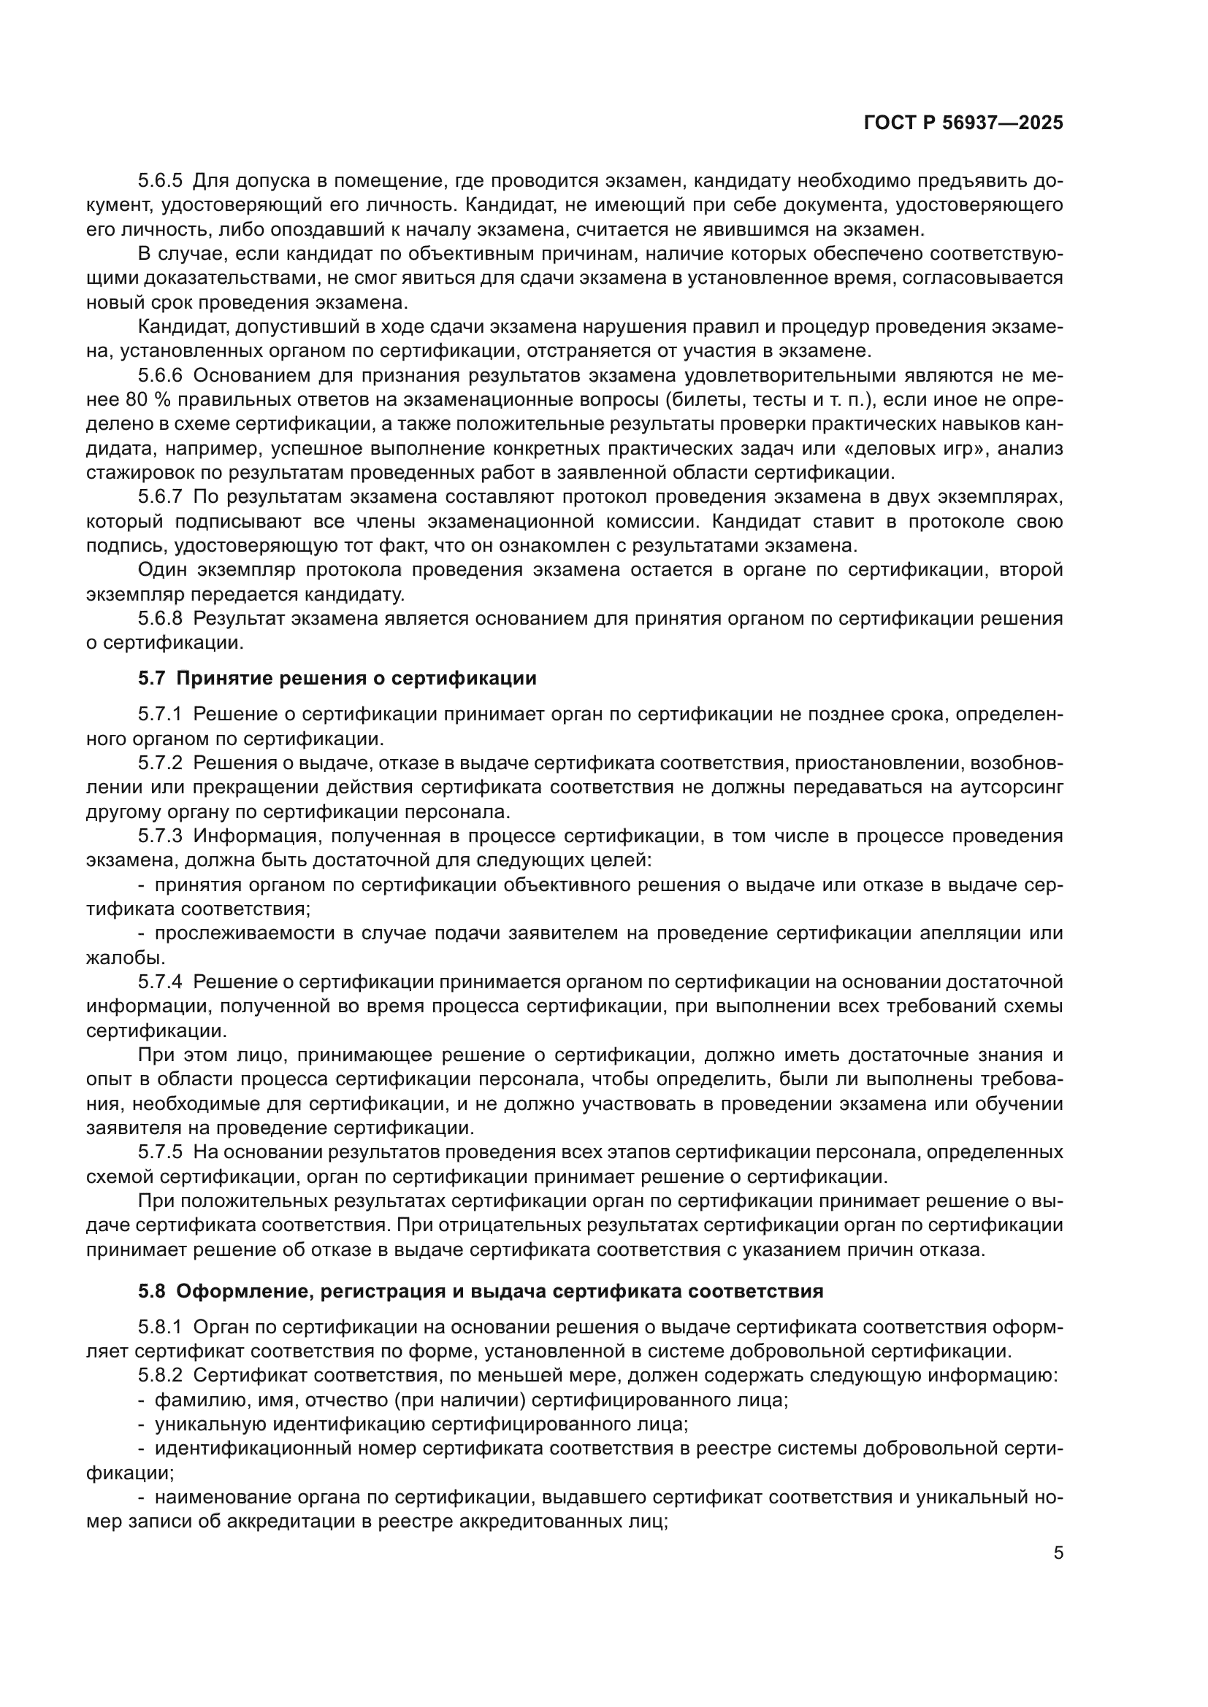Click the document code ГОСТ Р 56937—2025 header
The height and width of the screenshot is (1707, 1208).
tap(963, 123)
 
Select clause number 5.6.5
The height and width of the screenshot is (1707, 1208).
tap(160, 181)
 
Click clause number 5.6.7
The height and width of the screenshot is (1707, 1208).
tap(160, 497)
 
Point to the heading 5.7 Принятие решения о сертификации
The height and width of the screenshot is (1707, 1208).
tap(337, 678)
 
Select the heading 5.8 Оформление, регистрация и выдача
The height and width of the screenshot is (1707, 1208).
tap(480, 1291)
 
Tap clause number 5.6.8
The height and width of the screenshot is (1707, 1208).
tap(160, 619)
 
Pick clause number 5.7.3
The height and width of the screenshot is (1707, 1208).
tap(160, 836)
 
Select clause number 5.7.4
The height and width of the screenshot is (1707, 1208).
tap(160, 982)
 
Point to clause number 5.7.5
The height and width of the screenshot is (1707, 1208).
tap(160, 1152)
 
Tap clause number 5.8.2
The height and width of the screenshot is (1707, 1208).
tap(160, 1376)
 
